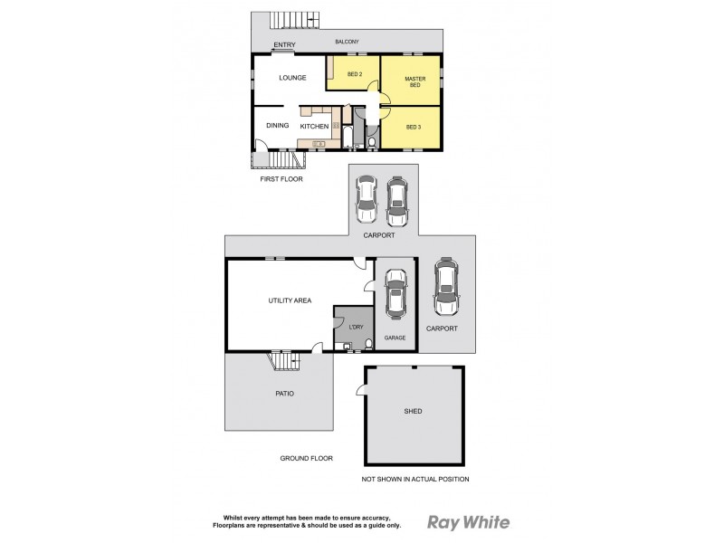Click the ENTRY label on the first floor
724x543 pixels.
[284, 44]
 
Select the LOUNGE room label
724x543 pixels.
[291, 78]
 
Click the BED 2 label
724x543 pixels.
[355, 74]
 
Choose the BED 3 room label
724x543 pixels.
[414, 127]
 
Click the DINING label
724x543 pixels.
[277, 126]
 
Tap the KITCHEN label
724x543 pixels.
[314, 127]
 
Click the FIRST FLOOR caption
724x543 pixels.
[281, 179]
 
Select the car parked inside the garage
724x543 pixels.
[395, 295]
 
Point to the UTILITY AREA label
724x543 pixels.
[290, 300]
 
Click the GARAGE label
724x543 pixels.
[395, 338]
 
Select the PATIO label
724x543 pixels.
[285, 394]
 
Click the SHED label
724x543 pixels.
[413, 411]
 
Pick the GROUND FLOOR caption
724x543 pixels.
[306, 459]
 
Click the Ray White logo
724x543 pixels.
[468, 522]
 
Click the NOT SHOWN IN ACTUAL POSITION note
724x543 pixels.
[415, 479]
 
